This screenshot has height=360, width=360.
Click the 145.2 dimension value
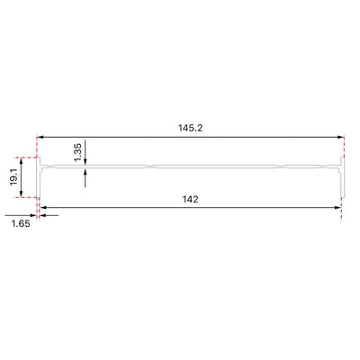pos(191,128)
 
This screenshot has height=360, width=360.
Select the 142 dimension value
pos(191,199)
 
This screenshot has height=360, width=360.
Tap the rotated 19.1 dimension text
pos(13,177)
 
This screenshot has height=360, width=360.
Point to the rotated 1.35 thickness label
pos(77,152)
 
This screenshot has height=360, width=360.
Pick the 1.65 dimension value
pos(21,223)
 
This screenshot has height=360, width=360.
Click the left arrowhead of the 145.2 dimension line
pos(40,137)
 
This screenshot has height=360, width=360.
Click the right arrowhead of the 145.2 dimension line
pos(340,137)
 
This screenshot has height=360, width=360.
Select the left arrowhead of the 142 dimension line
pos(43,207)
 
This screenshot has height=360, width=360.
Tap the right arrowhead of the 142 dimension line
pos(337,207)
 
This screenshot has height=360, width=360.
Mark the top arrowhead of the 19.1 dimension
pos(21,161)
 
